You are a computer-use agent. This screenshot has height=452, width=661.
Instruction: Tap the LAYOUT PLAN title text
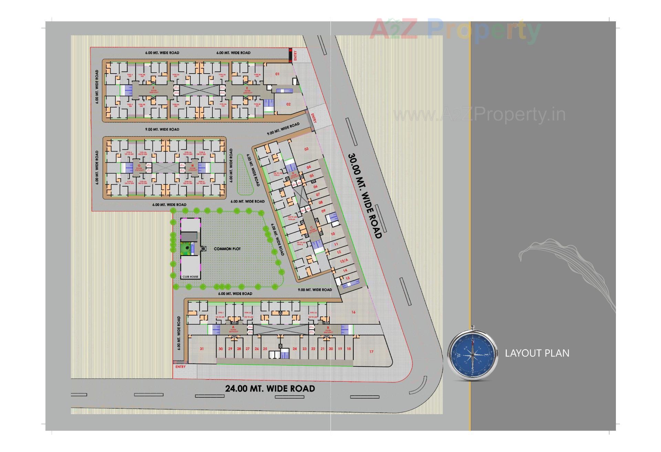[x=537, y=353]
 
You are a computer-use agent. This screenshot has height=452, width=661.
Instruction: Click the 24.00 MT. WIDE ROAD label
[x=270, y=389]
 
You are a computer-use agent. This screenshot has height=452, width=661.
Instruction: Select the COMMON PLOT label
[x=227, y=249]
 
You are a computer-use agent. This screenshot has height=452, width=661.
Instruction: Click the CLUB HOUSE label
[x=190, y=277]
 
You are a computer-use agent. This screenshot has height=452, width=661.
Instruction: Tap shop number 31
[x=202, y=349]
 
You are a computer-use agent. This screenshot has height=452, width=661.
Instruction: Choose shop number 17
[x=371, y=352]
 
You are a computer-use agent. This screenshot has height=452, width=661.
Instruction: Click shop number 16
[x=353, y=312]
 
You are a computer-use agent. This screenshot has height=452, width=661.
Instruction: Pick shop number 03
[x=306, y=149]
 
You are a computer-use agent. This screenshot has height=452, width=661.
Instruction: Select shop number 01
[x=277, y=74]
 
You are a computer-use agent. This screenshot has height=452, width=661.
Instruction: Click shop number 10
[x=333, y=234]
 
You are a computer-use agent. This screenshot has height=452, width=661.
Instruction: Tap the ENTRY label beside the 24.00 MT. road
[x=180, y=367]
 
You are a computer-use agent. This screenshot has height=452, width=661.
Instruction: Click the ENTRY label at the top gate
[x=295, y=55]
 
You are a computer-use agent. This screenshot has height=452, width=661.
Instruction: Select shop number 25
[x=265, y=349]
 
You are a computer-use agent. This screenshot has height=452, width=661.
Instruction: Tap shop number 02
[x=288, y=104]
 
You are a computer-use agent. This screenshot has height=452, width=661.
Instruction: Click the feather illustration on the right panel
[x=565, y=272]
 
